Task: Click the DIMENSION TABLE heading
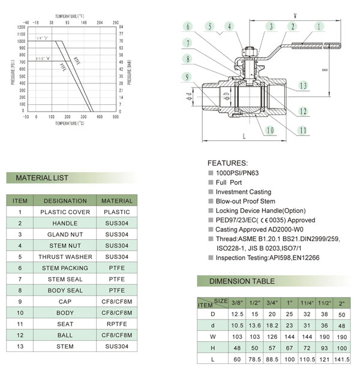tap(242, 281)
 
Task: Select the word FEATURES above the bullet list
tap(227, 163)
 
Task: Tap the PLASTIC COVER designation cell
tap(65, 212)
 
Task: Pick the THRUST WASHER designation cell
tap(65, 257)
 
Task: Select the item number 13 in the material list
tap(20, 347)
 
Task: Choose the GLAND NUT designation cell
tap(65, 234)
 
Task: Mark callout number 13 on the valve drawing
tap(304, 86)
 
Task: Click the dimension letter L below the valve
tap(244, 137)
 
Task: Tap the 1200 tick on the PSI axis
tap(22, 27)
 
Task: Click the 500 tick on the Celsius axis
tap(116, 117)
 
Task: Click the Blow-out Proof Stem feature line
tap(245, 201)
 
